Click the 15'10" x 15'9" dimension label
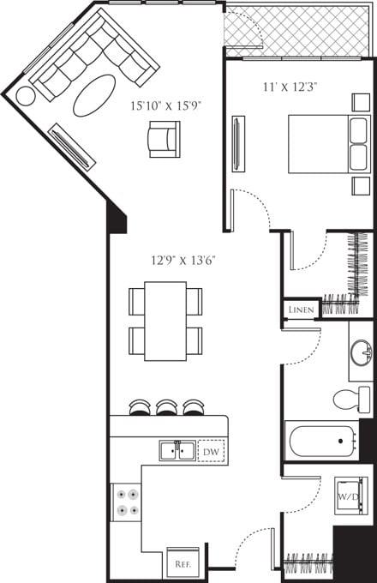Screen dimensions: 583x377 click(x=164, y=107)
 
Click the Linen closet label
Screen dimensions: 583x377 click(x=301, y=310)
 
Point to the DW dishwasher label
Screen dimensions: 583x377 click(x=211, y=450)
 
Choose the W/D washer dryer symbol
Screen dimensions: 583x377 click(x=349, y=496)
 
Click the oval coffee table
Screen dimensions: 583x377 click(x=94, y=95)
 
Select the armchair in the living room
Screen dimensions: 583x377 click(x=164, y=138)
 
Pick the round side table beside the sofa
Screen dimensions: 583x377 click(x=26, y=96)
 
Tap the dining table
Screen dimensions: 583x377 click(x=165, y=320)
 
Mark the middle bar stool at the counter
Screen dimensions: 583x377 click(x=167, y=407)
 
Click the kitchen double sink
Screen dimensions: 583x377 click(x=177, y=450)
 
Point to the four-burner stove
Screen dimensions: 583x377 click(x=128, y=502)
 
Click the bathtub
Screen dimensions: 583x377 click(x=322, y=442)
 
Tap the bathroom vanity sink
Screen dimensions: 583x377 click(x=361, y=352)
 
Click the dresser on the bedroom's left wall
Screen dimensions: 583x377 click(x=238, y=143)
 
